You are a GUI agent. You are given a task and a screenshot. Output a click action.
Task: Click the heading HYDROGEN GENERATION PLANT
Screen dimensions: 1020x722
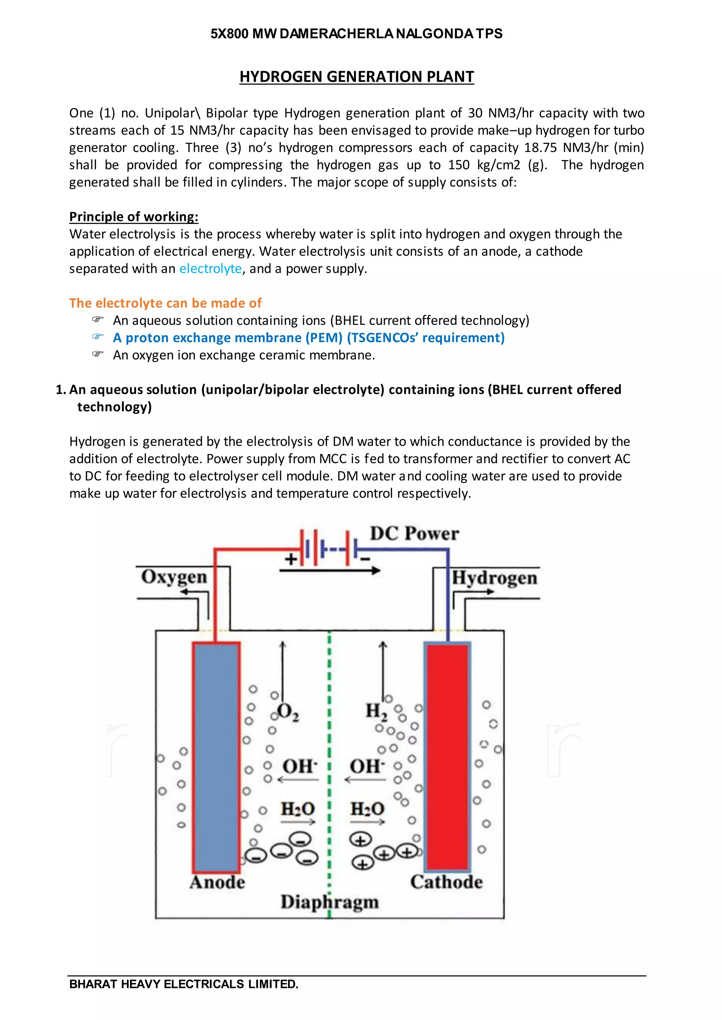[x=356, y=77]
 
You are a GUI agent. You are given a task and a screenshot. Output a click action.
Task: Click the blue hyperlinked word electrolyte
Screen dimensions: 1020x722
[x=210, y=269]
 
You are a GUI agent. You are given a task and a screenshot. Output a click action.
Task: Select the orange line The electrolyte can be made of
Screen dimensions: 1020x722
[x=165, y=303]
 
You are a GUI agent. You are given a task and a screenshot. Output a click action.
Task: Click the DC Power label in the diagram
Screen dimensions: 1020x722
[x=414, y=533]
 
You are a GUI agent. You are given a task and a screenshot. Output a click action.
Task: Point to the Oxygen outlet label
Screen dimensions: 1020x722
[x=174, y=577]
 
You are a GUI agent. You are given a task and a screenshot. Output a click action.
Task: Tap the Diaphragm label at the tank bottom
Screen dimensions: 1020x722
[x=329, y=902]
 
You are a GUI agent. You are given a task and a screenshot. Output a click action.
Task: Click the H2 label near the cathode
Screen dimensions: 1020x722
[x=376, y=712]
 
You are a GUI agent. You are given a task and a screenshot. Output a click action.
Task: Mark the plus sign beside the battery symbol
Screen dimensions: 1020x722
[x=291, y=559]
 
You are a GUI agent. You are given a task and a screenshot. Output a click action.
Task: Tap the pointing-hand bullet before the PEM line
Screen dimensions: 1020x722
[x=98, y=337]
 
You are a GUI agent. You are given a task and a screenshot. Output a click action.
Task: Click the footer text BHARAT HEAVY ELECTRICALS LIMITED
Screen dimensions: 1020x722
[x=184, y=984]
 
